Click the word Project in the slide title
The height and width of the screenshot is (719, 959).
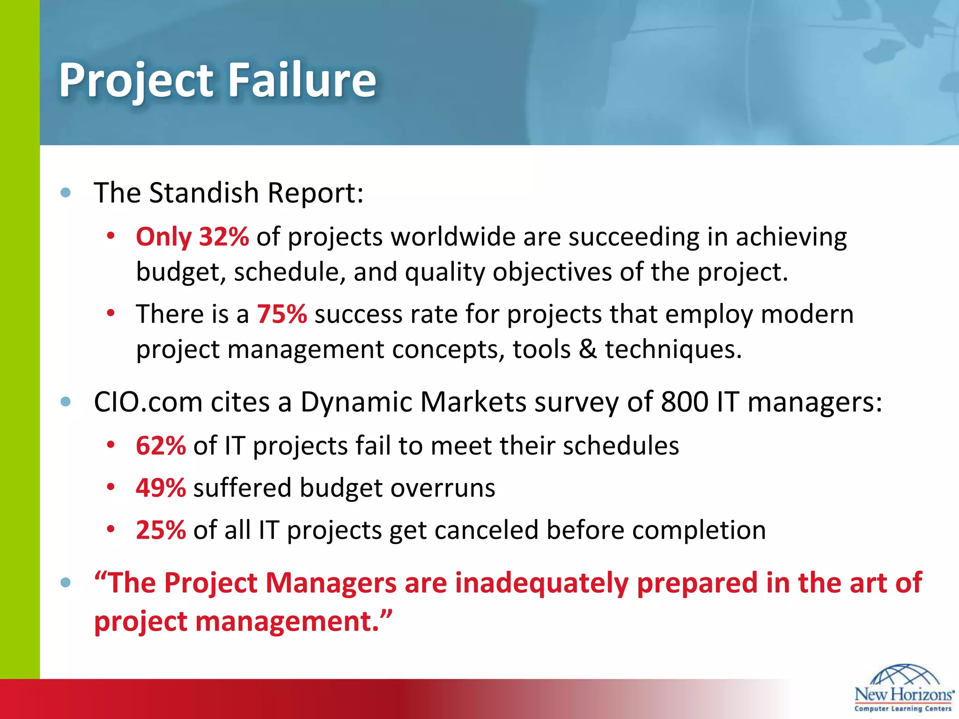tap(136, 81)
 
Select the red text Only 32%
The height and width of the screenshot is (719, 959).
tap(192, 237)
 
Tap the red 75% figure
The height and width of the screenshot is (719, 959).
tap(282, 314)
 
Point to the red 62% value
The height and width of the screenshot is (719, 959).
tap(161, 446)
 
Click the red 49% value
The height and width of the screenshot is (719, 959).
tap(161, 488)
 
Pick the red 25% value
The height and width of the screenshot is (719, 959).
tap(161, 530)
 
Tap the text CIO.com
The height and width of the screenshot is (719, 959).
tap(148, 402)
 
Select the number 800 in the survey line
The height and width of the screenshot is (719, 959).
tap(684, 402)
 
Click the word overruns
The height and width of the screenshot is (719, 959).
tap(443, 488)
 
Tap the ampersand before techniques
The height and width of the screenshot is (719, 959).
tap(588, 349)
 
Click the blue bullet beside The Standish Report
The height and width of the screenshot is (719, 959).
tap(66, 193)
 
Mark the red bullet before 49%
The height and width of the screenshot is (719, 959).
tap(111, 488)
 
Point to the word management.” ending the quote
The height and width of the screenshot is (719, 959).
tap(293, 622)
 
